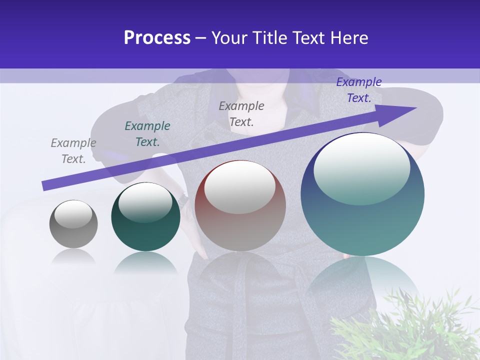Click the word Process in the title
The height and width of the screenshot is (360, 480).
(x=157, y=38)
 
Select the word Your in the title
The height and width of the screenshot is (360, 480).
(x=229, y=38)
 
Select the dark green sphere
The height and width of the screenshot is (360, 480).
(x=145, y=235)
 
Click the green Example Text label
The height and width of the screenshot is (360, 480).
(x=147, y=134)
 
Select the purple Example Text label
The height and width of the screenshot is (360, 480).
(x=359, y=90)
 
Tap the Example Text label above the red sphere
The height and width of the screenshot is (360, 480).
(x=241, y=113)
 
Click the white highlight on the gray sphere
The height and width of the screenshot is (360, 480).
(x=73, y=214)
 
